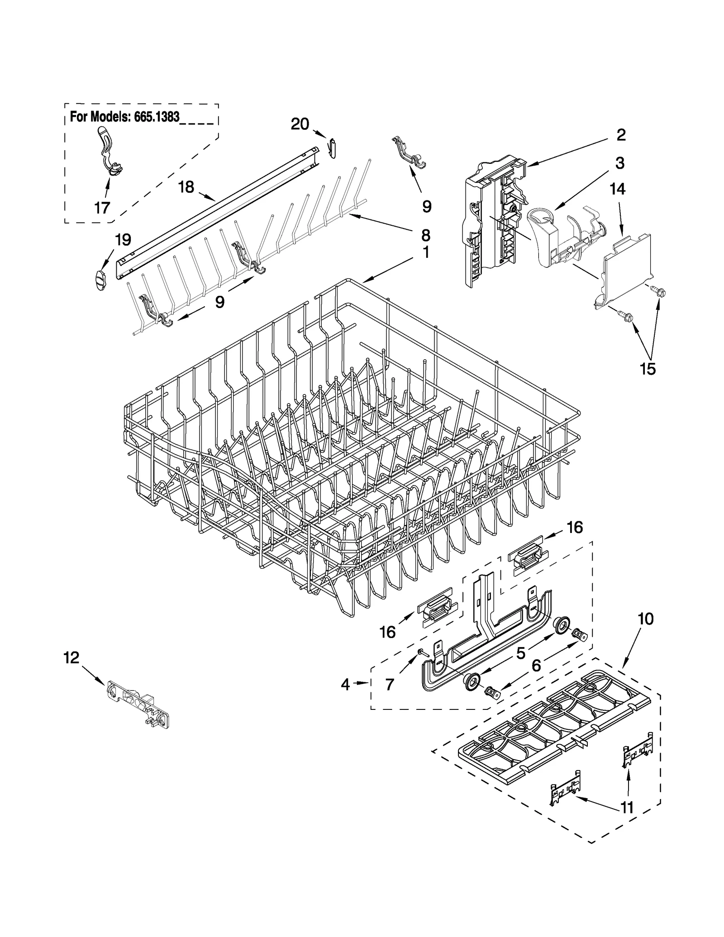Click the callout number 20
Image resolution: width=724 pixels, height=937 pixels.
(x=300, y=124)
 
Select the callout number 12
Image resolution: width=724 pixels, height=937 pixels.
(x=71, y=657)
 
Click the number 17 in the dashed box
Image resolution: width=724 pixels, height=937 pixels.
(x=102, y=208)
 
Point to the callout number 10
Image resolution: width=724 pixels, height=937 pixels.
(x=645, y=618)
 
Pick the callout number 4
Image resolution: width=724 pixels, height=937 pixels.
(x=345, y=685)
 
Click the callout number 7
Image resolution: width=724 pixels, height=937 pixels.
(x=390, y=685)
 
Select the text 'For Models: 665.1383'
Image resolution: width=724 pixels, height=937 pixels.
(x=125, y=117)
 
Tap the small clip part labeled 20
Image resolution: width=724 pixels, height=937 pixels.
(x=332, y=148)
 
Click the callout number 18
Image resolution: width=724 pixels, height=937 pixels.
(x=186, y=186)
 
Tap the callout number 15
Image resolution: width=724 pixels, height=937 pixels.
(x=648, y=369)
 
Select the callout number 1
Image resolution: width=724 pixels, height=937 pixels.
(x=426, y=252)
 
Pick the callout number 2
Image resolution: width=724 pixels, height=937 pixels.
(x=621, y=134)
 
